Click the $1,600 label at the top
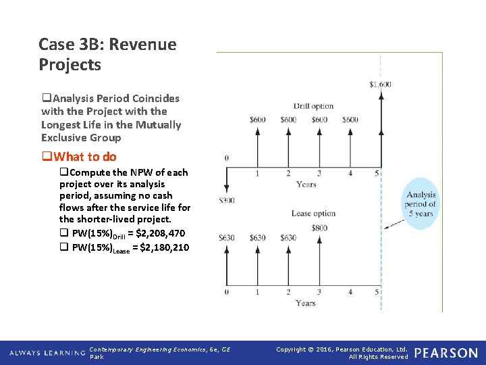(x=380, y=84)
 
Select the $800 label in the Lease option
(x=319, y=228)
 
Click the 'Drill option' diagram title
(x=313, y=106)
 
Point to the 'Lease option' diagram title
(x=313, y=214)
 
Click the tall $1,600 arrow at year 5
(x=381, y=128)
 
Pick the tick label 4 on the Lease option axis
(x=350, y=292)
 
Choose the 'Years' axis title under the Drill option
(x=306, y=184)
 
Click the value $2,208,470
(x=160, y=234)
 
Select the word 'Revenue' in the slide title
(x=142, y=45)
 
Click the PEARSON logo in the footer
(x=446, y=353)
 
